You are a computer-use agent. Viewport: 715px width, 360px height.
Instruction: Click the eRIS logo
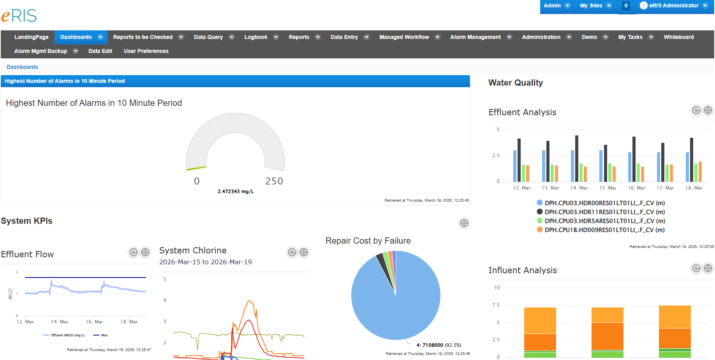pyautogui.click(x=19, y=16)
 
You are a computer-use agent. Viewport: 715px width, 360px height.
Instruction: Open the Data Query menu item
pyautogui.click(x=208, y=37)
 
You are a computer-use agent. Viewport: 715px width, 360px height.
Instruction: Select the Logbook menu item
pyautogui.click(x=256, y=37)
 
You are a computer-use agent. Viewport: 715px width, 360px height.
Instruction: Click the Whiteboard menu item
pyautogui.click(x=678, y=37)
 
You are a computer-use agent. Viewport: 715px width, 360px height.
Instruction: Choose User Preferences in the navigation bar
pyautogui.click(x=146, y=51)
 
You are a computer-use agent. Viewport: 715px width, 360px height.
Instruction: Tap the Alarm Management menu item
pyautogui.click(x=475, y=37)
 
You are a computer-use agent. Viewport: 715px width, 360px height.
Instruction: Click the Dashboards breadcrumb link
pyautogui.click(x=22, y=67)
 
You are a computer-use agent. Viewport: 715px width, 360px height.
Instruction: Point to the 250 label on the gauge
pyautogui.click(x=274, y=181)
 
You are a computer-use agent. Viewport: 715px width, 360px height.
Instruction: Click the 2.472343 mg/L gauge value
pyautogui.click(x=236, y=191)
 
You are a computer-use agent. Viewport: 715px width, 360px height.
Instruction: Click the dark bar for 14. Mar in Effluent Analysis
pyautogui.click(x=577, y=158)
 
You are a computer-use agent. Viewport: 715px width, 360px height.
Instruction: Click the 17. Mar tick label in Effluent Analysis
pyautogui.click(x=665, y=188)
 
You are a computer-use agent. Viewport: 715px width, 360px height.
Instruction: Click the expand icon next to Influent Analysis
pyautogui.click(x=708, y=268)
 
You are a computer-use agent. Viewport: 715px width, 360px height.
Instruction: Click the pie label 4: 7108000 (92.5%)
pyautogui.click(x=439, y=345)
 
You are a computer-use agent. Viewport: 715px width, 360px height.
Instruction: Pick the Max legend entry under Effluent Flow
pyautogui.click(x=104, y=335)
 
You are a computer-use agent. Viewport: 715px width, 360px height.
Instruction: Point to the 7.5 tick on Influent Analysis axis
pyautogui.click(x=496, y=305)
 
